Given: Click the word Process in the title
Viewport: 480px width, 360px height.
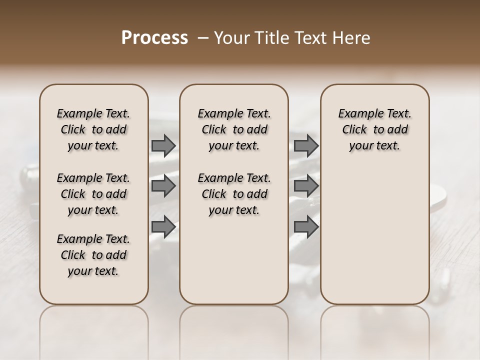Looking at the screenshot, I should pos(154,38).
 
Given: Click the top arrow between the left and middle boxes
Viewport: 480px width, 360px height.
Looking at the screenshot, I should pos(163,145).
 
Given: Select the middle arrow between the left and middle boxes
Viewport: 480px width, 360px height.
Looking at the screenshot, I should pos(163,186).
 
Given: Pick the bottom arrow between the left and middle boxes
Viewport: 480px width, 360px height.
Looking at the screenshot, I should pos(163,226).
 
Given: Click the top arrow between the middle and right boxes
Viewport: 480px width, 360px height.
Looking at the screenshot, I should pos(306,145).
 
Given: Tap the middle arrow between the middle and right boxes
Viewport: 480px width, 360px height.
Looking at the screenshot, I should pos(306,186).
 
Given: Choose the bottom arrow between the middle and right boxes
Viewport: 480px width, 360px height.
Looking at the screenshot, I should pos(306,226).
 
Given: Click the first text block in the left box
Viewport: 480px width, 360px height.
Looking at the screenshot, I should pos(93,129).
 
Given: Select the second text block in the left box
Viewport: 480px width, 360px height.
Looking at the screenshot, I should pos(93,194).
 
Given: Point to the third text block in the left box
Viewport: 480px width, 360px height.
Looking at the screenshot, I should pos(93,255).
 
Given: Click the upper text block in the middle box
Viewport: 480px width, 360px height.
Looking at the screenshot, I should pos(234,129).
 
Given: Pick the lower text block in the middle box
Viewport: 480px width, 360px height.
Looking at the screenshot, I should pos(234,194).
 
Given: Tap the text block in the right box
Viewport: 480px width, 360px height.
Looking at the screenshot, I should pos(374,129).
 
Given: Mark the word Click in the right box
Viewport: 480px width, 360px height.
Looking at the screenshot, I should pos(354,130).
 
